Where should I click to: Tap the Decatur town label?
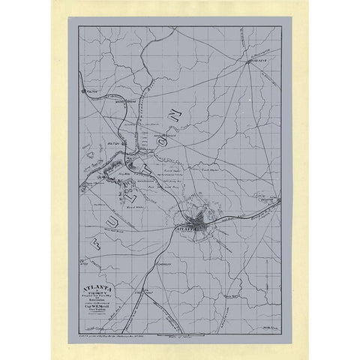tap(269, 199)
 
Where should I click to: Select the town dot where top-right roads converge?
tap(248, 62)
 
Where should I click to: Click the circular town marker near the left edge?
tap(84, 92)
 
